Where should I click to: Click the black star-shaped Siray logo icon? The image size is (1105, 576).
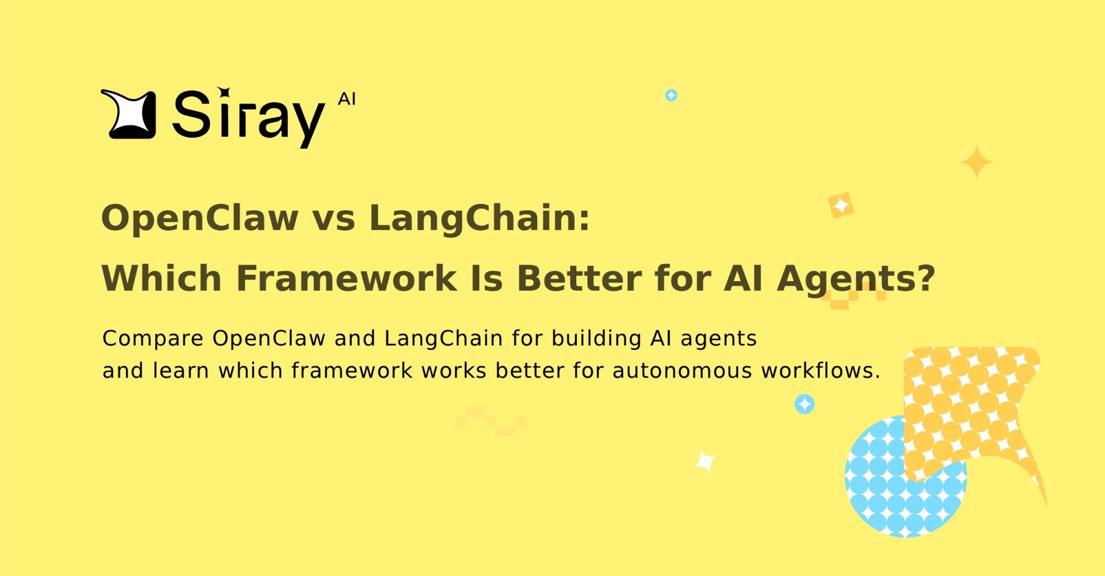click(x=129, y=114)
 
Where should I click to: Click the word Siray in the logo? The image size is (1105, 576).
click(x=248, y=116)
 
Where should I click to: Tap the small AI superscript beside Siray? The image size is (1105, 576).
click(x=347, y=99)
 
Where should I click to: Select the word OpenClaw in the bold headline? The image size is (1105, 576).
click(x=200, y=218)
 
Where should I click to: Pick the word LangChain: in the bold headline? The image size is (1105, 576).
click(x=480, y=218)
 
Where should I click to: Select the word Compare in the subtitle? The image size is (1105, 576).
click(x=153, y=338)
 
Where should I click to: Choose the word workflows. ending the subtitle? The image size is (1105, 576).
click(x=820, y=370)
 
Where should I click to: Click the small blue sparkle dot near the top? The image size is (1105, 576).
click(x=671, y=96)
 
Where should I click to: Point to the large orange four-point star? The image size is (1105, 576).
click(x=977, y=162)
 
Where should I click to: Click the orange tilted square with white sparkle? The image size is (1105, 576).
click(x=841, y=206)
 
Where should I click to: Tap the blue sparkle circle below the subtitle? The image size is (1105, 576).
click(x=804, y=404)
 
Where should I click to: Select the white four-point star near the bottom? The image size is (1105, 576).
click(x=706, y=461)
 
